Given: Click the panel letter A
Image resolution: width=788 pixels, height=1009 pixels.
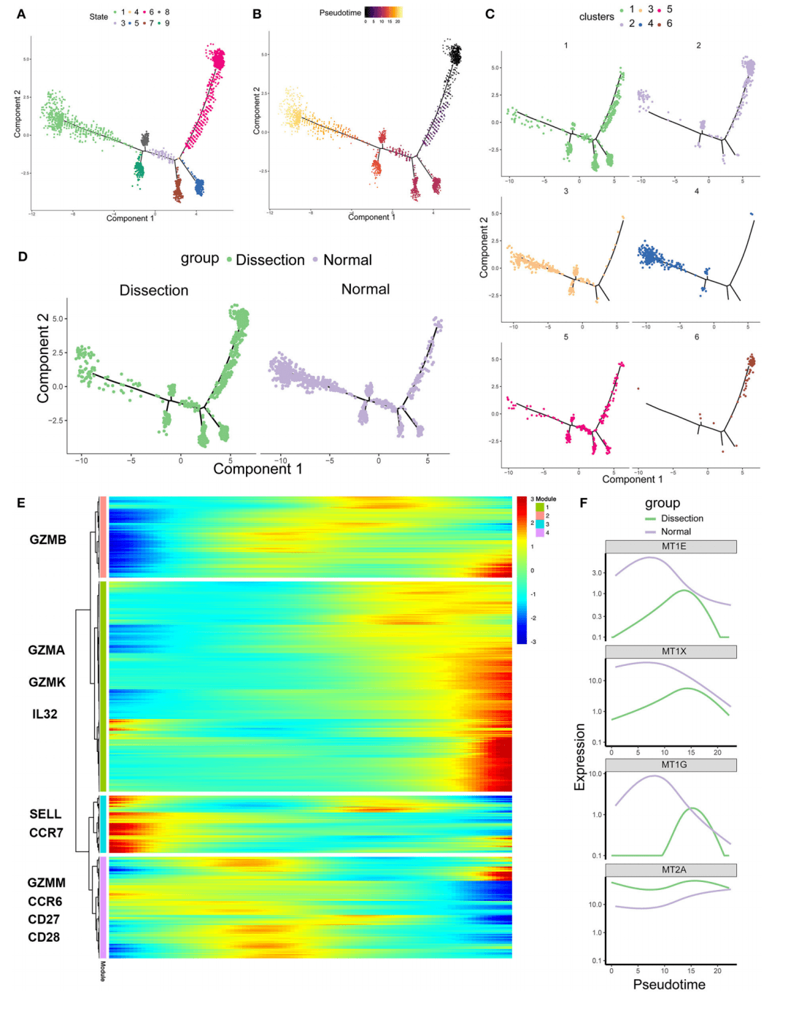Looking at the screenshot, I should point(21,14).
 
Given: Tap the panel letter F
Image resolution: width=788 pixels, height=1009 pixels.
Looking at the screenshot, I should point(583,502).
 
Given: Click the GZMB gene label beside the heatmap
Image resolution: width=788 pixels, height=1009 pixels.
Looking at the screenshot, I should point(48,540).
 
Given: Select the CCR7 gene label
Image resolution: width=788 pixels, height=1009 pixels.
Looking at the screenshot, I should point(46,832).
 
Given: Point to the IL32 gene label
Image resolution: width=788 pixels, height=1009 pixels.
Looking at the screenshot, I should point(45,714).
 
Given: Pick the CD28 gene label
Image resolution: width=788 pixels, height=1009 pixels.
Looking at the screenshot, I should point(44,937).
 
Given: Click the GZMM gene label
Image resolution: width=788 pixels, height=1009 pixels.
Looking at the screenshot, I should point(47,883).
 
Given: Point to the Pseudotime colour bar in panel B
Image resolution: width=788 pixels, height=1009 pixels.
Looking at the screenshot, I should point(383,12).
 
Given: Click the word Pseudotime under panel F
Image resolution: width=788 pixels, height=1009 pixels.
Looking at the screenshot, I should point(669,984).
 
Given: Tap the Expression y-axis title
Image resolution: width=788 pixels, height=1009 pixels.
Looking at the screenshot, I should point(580,757).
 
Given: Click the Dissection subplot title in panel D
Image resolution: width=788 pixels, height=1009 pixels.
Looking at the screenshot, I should point(154,291).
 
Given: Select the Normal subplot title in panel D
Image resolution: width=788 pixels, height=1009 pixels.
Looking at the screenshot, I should point(366,289).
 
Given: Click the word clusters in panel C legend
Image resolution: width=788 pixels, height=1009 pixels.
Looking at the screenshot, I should point(597,17).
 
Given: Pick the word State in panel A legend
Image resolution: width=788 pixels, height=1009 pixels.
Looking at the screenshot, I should point(98,17).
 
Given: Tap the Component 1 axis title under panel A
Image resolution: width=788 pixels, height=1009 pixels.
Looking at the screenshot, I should point(130,218).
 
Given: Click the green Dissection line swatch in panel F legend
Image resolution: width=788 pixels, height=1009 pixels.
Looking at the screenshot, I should point(651,518).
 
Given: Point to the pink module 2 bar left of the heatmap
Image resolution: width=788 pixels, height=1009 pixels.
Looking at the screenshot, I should point(103,537).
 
